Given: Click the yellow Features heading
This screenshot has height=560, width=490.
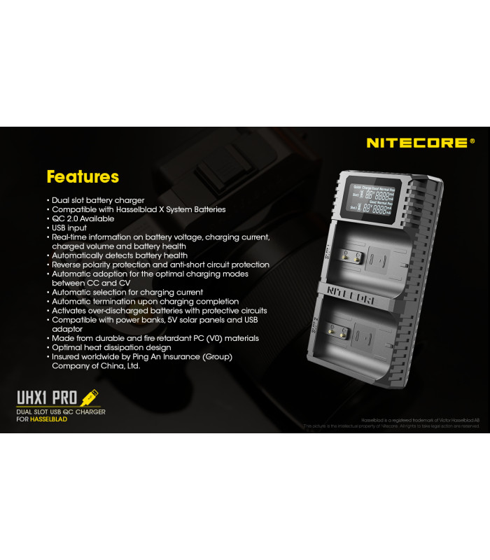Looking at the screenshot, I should point(83,176).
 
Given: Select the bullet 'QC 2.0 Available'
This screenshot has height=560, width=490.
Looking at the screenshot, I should point(83,218).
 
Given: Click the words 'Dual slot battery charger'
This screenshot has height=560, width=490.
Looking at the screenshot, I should point(98,200).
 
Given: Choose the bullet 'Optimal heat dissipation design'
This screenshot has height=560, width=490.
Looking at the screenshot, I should point(111,347).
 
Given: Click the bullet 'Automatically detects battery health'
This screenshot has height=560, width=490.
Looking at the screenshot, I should point(120,255).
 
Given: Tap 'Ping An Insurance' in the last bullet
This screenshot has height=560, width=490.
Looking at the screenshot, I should point(157,356).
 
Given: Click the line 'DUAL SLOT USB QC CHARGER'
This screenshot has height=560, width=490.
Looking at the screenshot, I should point(61,412).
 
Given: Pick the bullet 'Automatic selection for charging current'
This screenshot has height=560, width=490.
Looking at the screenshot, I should point(127,292).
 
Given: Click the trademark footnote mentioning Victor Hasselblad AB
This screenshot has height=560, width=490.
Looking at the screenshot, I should point(421,419).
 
